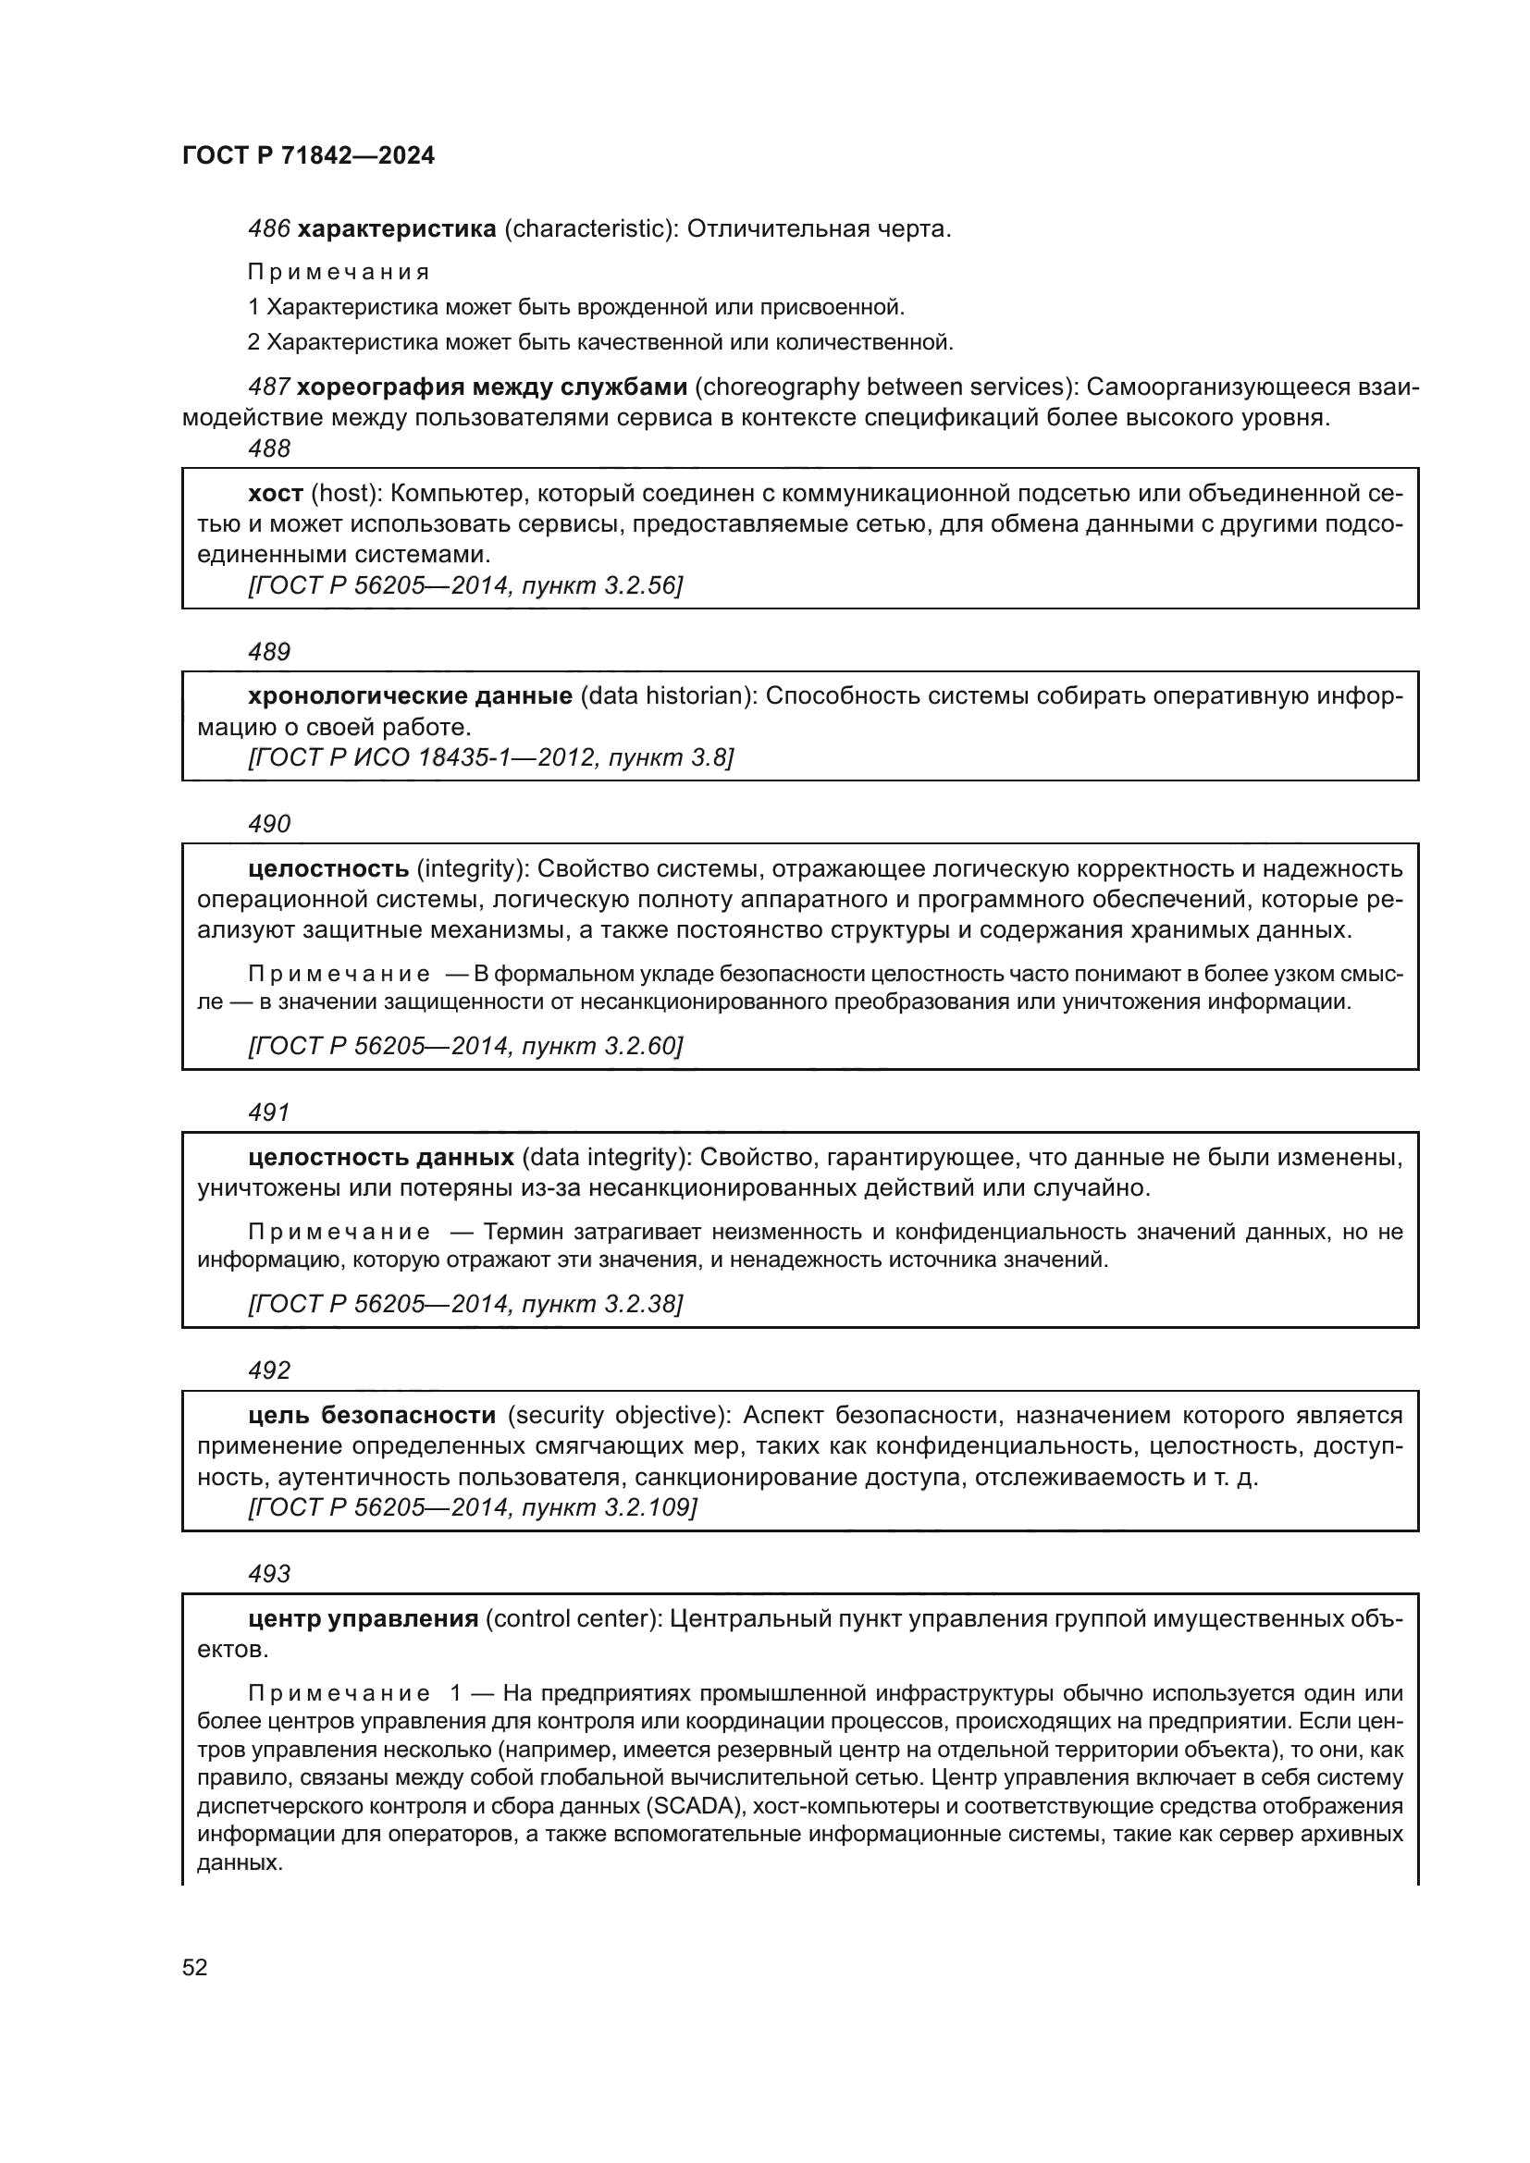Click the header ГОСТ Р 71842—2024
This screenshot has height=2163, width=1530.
308,156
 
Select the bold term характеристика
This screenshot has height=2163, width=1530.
397,229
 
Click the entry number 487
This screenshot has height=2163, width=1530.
268,387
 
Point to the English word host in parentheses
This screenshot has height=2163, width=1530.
344,494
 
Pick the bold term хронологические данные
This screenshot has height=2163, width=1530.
410,696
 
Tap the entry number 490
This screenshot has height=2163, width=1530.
269,824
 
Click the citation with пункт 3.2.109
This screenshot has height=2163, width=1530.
472,1507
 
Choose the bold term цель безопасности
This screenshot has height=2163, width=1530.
372,1415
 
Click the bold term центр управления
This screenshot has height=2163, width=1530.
364,1619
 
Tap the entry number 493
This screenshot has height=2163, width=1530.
269,1574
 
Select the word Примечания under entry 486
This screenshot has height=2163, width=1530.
339,272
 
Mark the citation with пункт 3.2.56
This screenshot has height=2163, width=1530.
464,586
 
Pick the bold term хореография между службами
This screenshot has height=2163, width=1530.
492,387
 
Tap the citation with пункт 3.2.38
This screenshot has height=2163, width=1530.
464,1304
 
